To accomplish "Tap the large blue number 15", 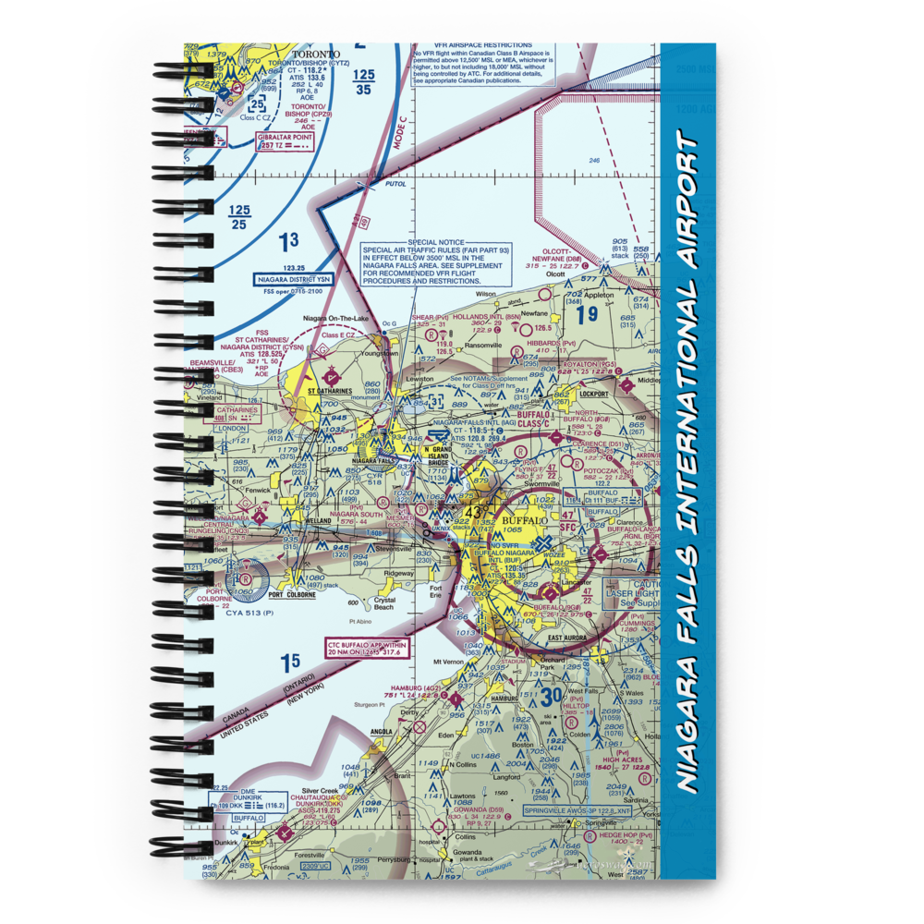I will coord(290,662).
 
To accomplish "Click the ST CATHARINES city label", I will coord(329,391).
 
